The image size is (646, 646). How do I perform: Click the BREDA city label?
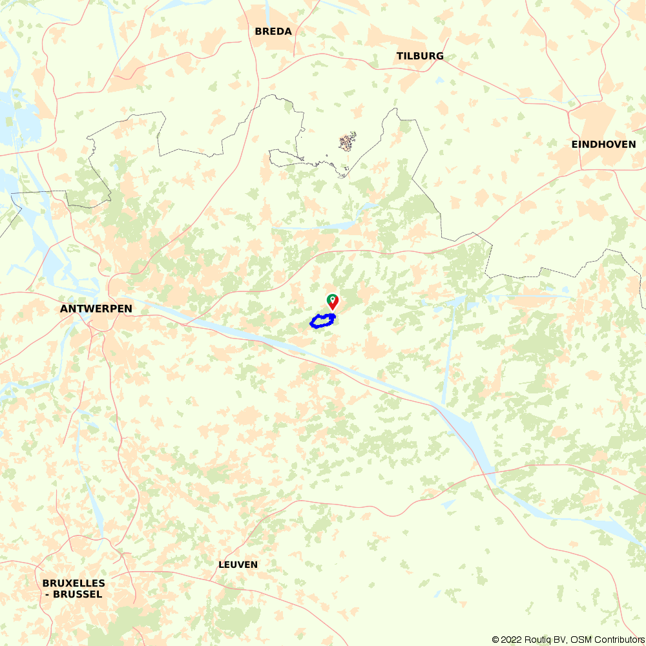(273, 31)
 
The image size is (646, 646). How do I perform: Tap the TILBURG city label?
(420, 56)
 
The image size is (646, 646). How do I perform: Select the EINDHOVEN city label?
(603, 144)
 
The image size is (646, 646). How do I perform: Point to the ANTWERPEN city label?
(96, 309)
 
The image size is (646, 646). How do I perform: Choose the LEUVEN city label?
(238, 565)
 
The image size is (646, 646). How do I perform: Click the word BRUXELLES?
(74, 583)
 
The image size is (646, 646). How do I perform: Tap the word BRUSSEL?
(78, 594)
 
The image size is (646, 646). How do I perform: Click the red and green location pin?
(332, 302)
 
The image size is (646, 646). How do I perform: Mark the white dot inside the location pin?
(332, 299)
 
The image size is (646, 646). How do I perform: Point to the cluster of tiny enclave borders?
(348, 141)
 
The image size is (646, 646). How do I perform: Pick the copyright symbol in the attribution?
(496, 640)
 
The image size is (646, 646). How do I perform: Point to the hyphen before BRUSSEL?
(47, 594)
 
